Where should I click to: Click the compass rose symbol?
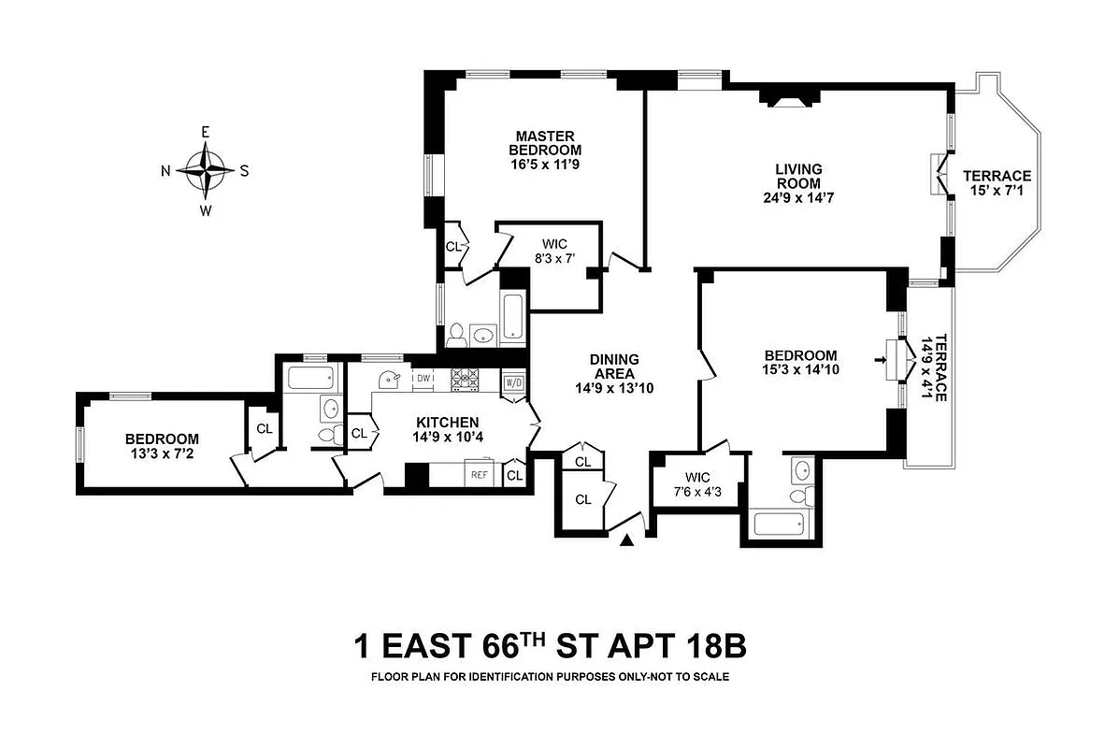tap(206, 171)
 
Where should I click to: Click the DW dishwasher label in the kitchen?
tap(423, 378)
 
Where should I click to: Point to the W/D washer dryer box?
tap(513, 383)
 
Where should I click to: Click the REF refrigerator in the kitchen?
tap(479, 475)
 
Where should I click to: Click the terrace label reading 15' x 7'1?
tap(997, 183)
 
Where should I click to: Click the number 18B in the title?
tap(712, 646)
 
